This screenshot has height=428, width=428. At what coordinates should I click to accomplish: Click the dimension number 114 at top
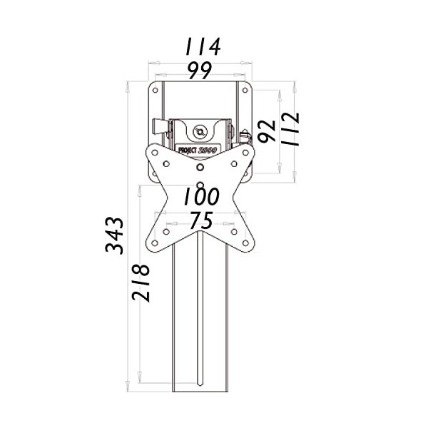tap(201, 47)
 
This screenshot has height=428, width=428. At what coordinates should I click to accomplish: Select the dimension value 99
tap(200, 71)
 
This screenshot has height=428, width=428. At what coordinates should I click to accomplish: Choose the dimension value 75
tap(200, 221)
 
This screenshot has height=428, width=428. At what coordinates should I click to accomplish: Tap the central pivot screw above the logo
tap(200, 131)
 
